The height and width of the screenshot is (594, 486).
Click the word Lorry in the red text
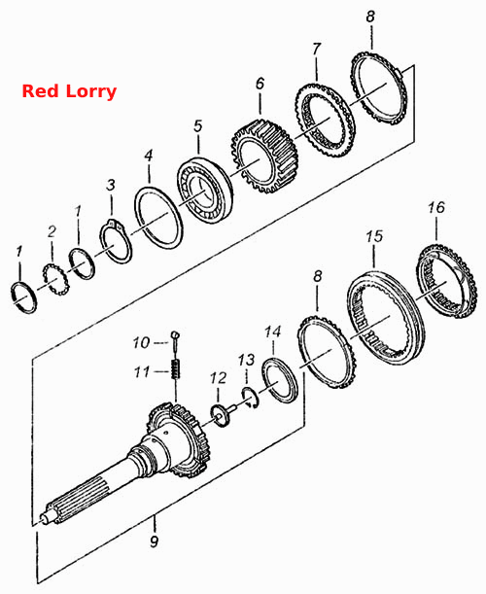click(x=91, y=92)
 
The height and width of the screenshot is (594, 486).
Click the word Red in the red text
click(x=40, y=91)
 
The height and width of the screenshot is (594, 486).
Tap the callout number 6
click(x=260, y=84)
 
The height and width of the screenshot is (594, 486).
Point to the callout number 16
click(x=436, y=207)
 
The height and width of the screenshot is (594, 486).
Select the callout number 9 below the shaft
click(x=155, y=542)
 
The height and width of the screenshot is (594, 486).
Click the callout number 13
click(x=247, y=360)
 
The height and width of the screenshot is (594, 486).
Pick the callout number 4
click(x=149, y=156)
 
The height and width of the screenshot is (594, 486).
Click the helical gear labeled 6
click(x=265, y=157)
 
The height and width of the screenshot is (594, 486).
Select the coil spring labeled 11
click(x=176, y=369)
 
